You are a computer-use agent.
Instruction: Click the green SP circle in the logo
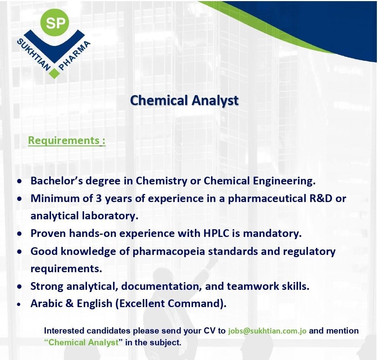pos(55,23)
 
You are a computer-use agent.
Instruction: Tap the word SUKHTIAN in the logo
pos(33,54)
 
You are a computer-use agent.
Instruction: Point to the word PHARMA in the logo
pos(74,56)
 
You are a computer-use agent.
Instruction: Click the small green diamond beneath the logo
pos(55,73)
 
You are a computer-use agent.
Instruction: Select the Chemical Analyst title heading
pos(185,100)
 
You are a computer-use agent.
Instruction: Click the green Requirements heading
pos(67,140)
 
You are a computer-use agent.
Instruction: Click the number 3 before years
pos(99,198)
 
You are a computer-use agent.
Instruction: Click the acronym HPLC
pos(216,233)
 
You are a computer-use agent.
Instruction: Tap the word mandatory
pos(272,234)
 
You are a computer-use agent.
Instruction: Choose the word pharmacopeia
pos(168,252)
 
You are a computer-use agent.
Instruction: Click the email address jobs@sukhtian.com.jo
pos(267,331)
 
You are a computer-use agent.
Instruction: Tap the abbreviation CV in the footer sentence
pos(210,331)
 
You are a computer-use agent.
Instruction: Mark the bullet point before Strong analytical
pos(19,287)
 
